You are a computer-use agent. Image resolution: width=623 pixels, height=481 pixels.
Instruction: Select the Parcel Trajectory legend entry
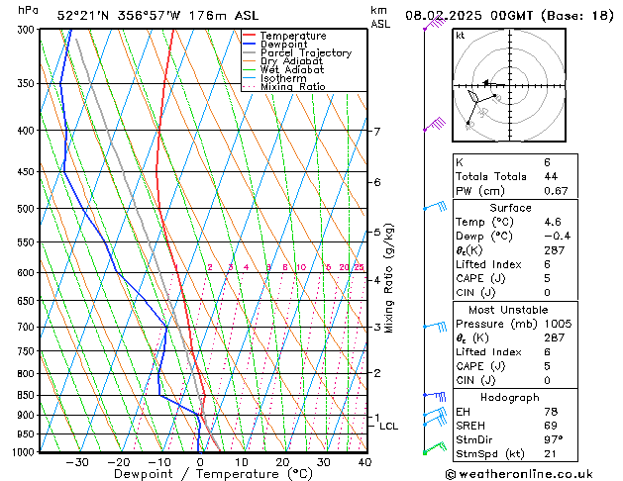[305, 53]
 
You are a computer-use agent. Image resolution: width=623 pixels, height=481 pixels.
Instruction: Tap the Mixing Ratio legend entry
[292, 87]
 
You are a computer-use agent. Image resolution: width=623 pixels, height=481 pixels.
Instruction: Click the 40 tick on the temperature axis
[364, 462]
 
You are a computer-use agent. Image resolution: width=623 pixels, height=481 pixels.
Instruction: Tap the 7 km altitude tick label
[376, 132]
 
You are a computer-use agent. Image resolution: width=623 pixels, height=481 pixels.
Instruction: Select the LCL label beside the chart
[389, 427]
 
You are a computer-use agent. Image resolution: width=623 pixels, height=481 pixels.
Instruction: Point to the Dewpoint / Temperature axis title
[198, 475]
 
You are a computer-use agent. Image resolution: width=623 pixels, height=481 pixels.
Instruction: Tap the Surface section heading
[511, 208]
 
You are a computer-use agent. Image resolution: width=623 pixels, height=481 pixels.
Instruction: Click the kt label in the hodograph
[461, 36]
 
